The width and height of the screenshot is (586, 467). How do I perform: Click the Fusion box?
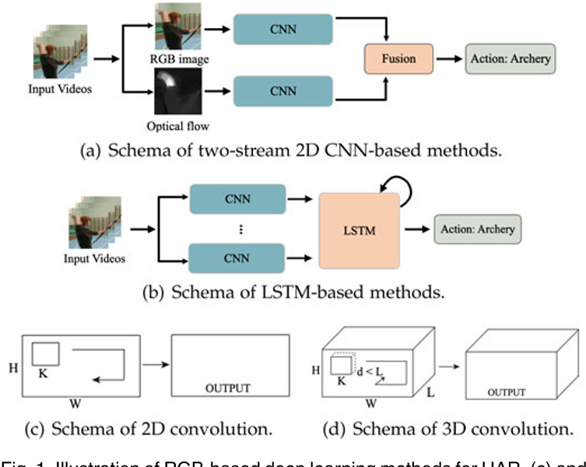[399, 58]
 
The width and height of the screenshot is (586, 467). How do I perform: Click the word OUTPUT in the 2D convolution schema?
[228, 387]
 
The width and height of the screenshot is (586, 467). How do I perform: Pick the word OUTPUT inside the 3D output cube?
[507, 393]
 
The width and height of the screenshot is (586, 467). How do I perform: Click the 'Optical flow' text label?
[179, 127]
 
